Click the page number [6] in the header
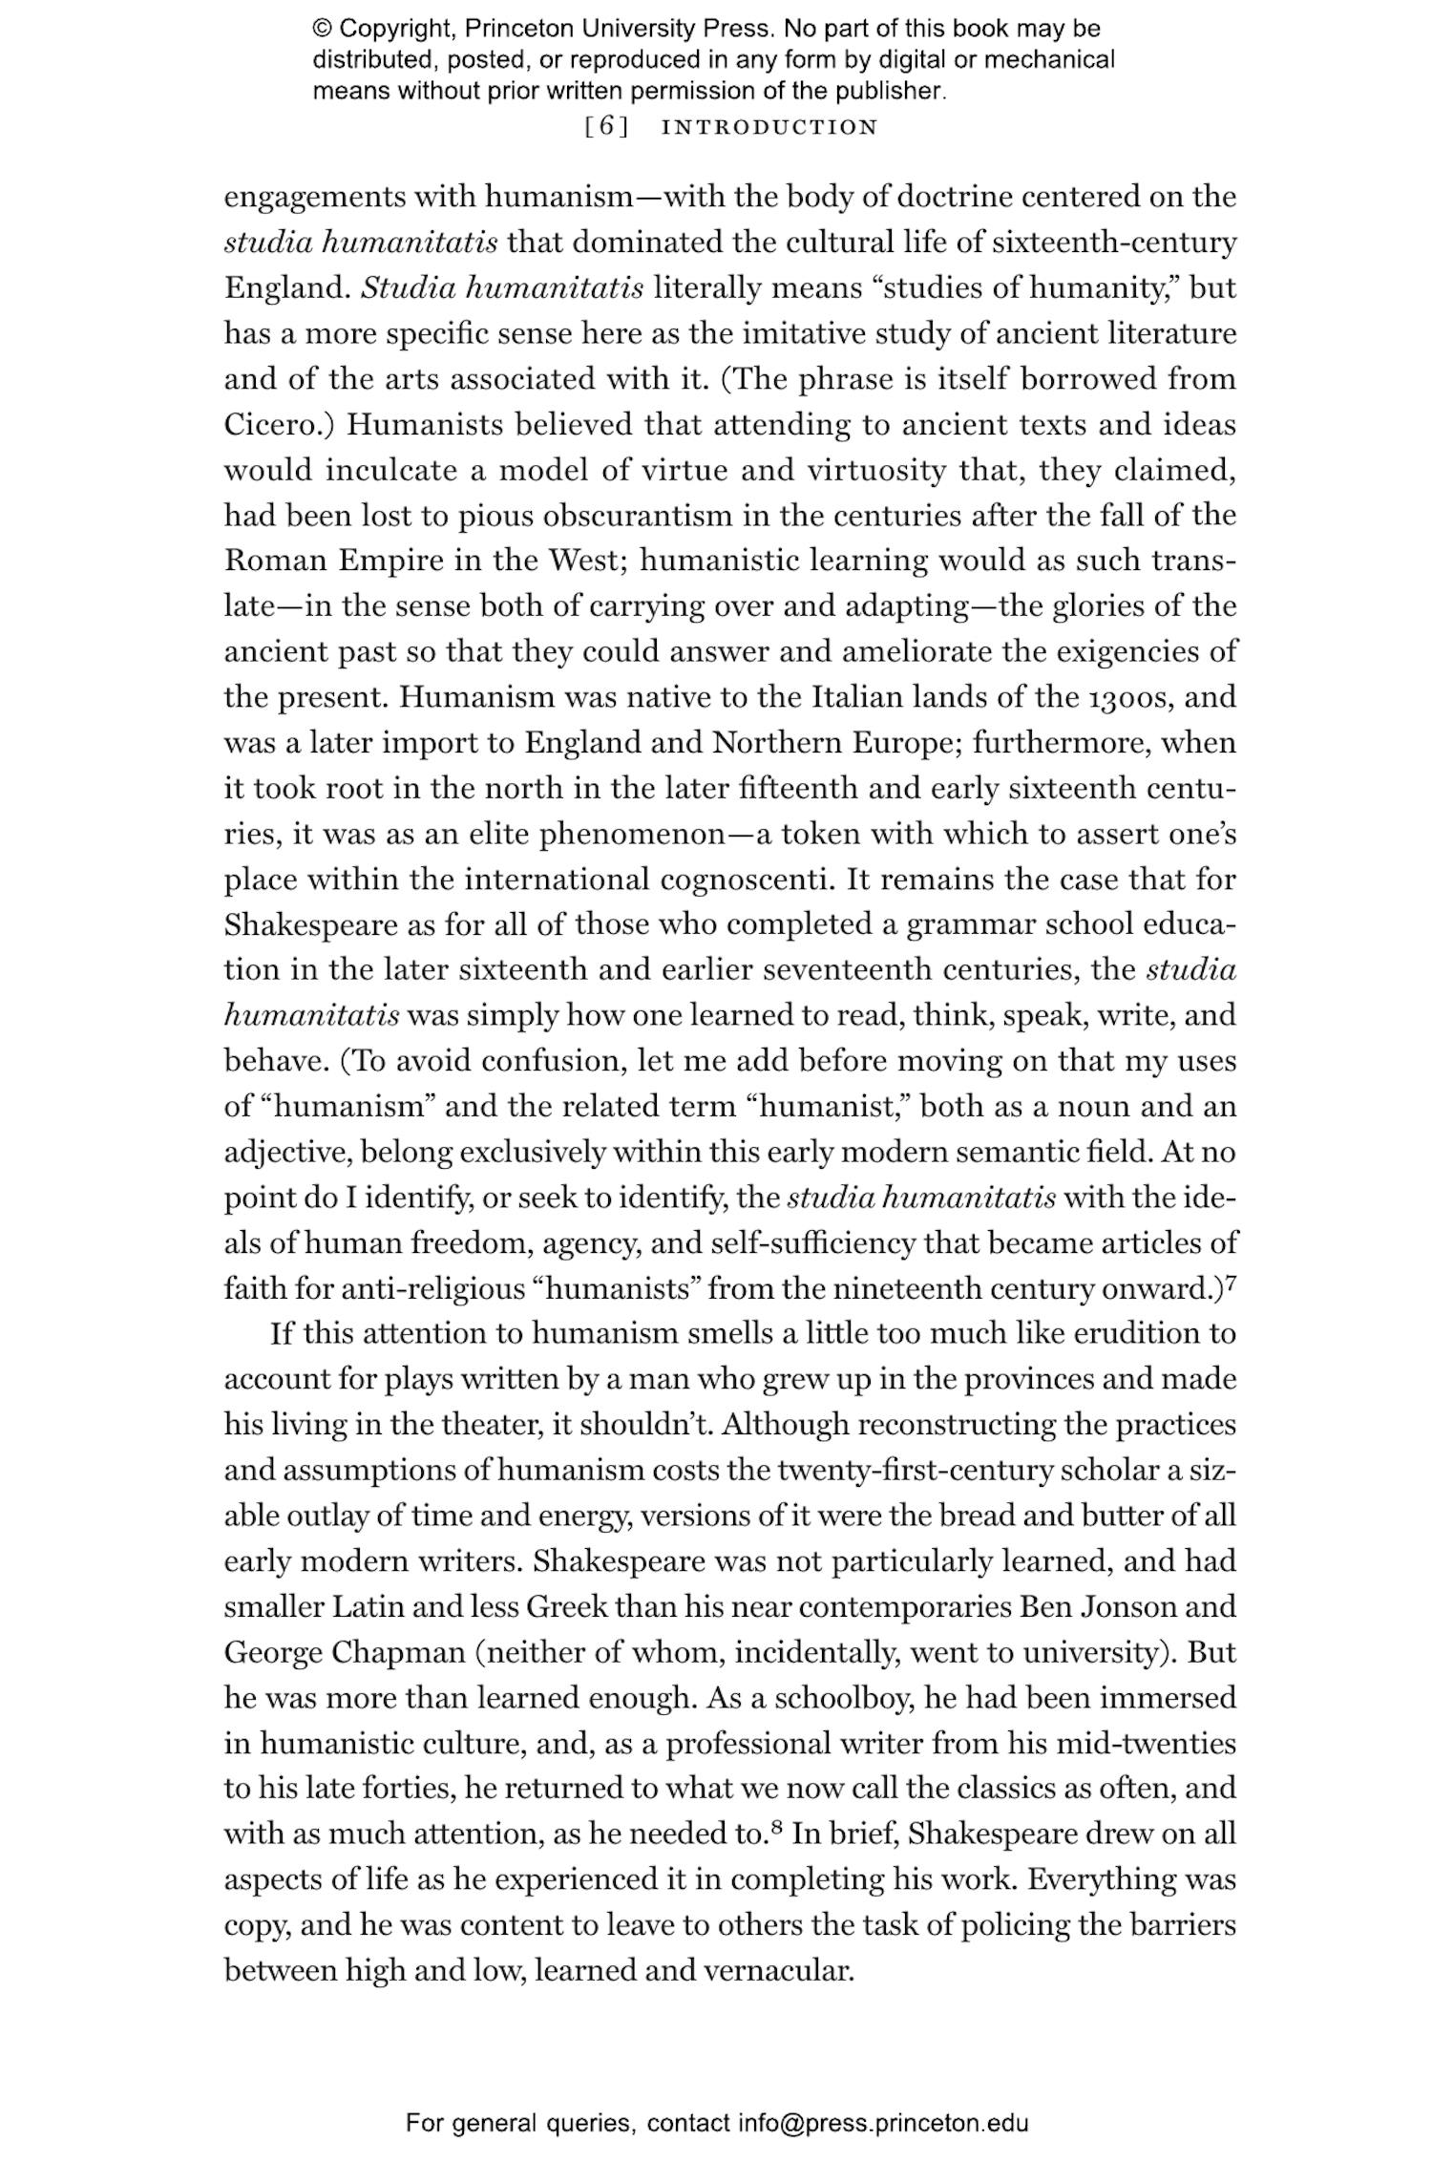606,127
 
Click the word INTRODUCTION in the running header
769,127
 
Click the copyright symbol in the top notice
321,29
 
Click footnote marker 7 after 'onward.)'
1231,1283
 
